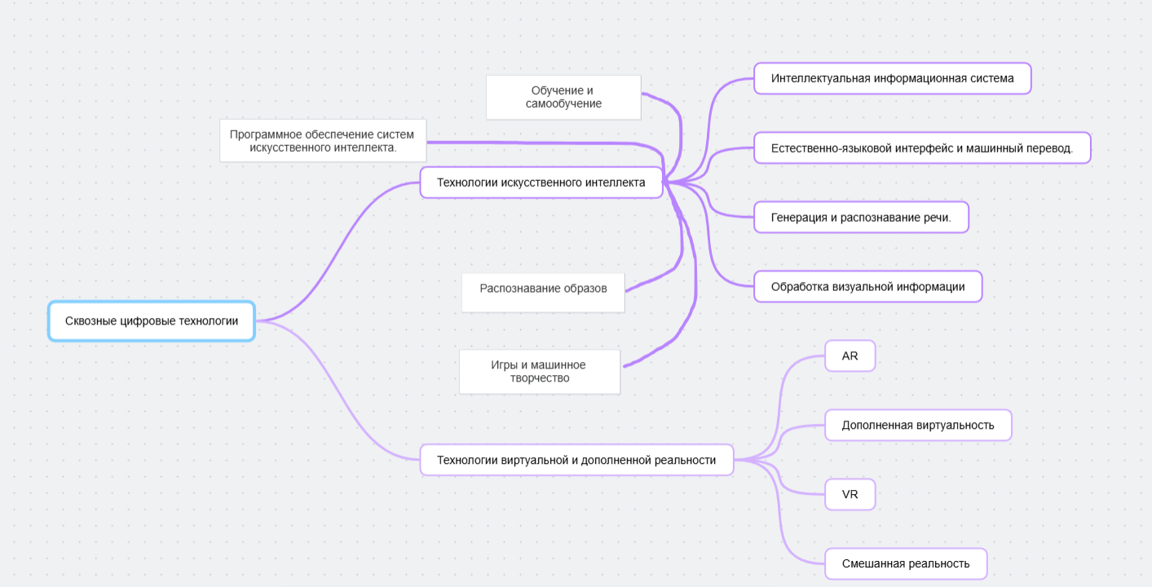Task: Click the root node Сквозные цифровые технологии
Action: click(152, 321)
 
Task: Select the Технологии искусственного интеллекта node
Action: click(541, 183)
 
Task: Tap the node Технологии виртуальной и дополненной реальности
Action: click(576, 460)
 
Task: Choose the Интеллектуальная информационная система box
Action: click(892, 79)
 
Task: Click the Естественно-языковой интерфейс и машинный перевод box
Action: click(921, 148)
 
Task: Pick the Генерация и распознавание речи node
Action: click(860, 218)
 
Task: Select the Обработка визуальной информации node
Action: click(867, 287)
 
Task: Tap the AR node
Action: click(850, 356)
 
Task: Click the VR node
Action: click(850, 495)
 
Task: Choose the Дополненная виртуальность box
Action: click(918, 426)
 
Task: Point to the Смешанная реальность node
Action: click(906, 564)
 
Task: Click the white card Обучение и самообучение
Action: click(563, 97)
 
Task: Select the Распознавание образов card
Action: click(543, 289)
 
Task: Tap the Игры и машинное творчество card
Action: click(540, 372)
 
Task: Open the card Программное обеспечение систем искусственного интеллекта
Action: click(323, 141)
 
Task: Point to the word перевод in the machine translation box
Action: click(1048, 148)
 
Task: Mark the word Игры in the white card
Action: click(505, 365)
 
